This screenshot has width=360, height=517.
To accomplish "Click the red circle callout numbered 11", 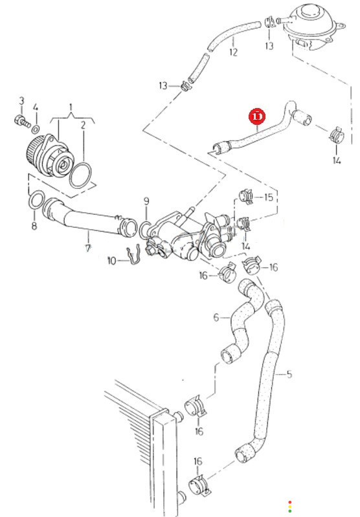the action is [257, 116].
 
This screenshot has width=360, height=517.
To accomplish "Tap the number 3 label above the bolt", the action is [21, 101].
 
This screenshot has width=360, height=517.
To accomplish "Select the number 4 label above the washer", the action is [36, 108].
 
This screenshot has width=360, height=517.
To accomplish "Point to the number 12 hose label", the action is [233, 52].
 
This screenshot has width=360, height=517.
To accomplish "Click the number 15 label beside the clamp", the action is [269, 197].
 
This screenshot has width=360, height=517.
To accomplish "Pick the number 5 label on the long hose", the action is [289, 374].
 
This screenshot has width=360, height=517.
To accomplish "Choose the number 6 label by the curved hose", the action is [216, 317].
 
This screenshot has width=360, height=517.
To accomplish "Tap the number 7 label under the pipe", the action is [88, 248].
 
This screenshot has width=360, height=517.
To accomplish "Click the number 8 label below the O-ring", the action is [34, 226].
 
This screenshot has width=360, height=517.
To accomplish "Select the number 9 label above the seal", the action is [146, 201].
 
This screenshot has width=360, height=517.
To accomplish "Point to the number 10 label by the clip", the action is [112, 261].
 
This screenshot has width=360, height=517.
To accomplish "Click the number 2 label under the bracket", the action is [83, 125].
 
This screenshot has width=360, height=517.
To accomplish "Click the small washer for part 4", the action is [36, 129].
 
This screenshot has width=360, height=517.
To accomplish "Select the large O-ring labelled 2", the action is [80, 175].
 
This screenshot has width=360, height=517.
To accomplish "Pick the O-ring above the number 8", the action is [36, 200].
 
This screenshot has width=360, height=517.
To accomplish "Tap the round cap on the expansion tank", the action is [308, 14].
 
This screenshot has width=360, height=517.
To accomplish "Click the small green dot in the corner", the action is [289, 511].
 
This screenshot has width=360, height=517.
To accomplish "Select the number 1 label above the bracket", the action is [71, 107].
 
